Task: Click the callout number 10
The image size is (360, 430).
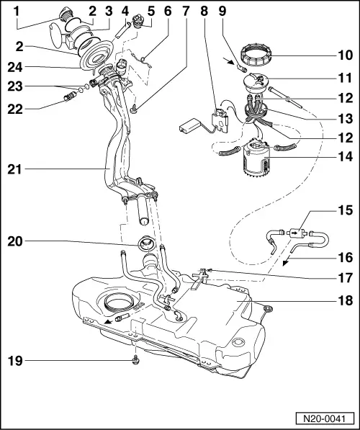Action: pos(345,54)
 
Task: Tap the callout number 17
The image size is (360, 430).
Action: pos(345,275)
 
